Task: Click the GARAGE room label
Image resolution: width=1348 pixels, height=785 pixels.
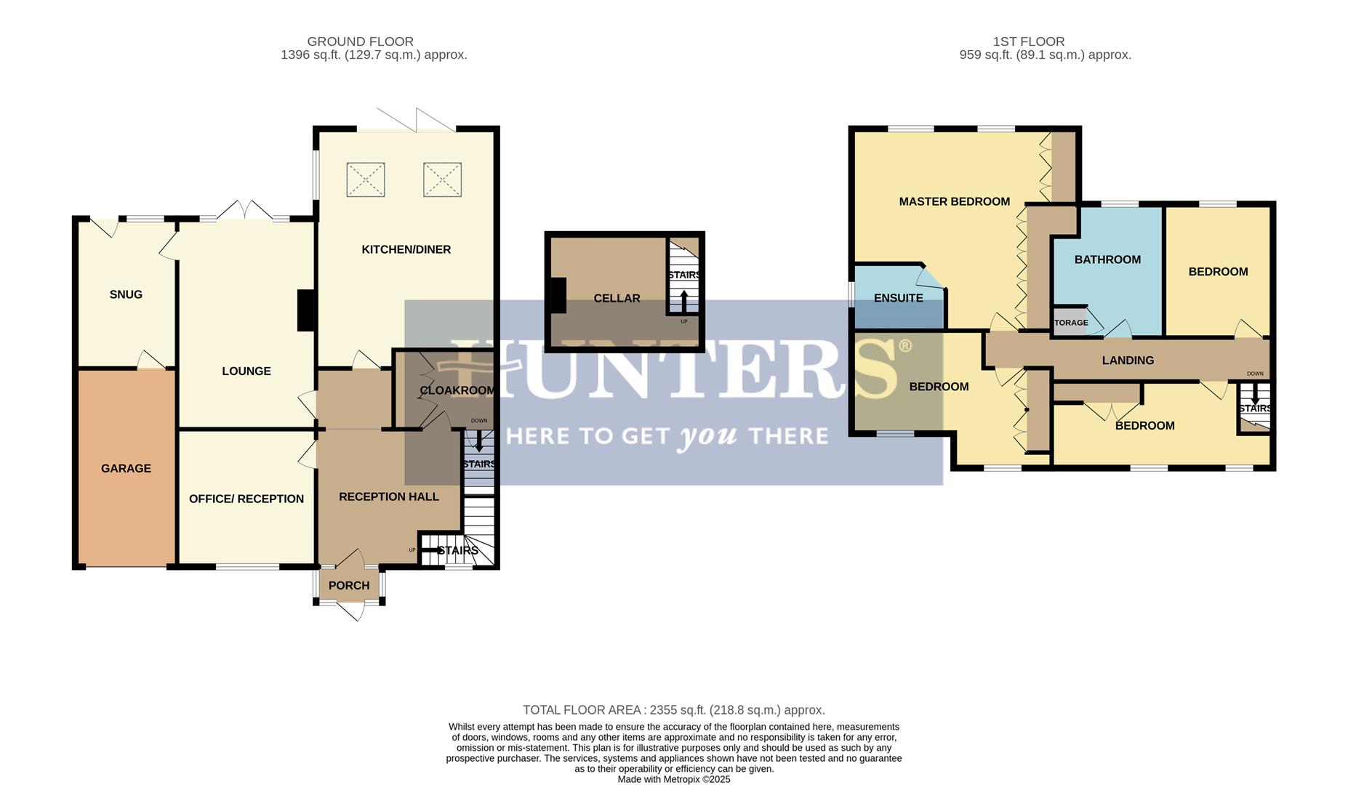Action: (x=126, y=469)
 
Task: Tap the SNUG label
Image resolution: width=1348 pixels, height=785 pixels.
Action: (x=126, y=294)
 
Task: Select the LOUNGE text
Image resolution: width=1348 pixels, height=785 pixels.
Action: (x=246, y=371)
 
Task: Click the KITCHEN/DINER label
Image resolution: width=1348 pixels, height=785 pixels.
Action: (x=406, y=249)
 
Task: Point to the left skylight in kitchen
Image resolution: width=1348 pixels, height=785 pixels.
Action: (x=365, y=180)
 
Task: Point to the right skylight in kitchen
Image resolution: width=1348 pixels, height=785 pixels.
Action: (x=442, y=180)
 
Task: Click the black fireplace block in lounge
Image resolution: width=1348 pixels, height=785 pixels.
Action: (x=306, y=311)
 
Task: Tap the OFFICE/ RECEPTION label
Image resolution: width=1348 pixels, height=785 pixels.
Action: (x=246, y=499)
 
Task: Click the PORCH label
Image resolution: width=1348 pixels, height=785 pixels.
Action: (x=349, y=586)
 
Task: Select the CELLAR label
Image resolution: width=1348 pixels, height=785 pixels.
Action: (x=617, y=299)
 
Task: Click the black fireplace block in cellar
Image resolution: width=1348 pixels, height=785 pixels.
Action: (x=558, y=296)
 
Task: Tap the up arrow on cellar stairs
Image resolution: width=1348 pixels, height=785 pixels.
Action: (x=683, y=299)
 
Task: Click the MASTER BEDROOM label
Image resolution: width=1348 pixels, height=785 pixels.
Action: (x=954, y=202)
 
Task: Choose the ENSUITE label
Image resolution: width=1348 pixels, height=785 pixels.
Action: (x=898, y=298)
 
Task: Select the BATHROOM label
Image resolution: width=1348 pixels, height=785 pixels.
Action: (x=1107, y=259)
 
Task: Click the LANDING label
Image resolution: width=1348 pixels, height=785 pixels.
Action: (x=1128, y=361)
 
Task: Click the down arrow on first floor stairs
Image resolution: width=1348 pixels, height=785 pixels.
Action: (x=1255, y=398)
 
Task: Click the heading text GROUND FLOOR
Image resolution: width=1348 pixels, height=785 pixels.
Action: (x=360, y=42)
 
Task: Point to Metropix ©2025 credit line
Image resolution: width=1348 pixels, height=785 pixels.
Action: (x=673, y=779)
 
